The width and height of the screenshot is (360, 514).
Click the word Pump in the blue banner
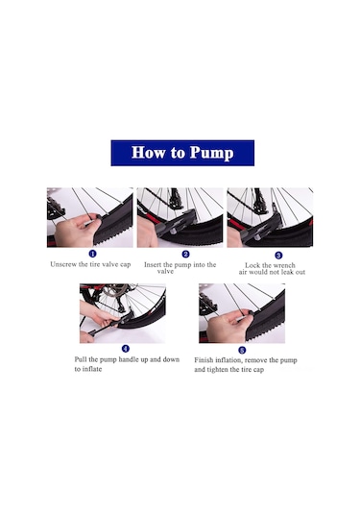[x=211, y=153]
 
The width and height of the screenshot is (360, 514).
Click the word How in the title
[x=149, y=153]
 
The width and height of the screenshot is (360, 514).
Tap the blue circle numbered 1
[x=93, y=254]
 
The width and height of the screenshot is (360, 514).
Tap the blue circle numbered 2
[x=185, y=254]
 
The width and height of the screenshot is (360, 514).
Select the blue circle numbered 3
[x=278, y=256]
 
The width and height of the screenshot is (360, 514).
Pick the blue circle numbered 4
[x=126, y=349]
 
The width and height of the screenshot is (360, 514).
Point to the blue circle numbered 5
[x=242, y=350]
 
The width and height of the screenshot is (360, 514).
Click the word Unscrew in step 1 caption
[x=63, y=264]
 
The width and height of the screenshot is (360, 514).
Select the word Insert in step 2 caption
[x=153, y=264]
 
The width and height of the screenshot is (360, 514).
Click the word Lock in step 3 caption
[x=252, y=265]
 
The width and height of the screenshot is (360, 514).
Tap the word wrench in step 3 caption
[x=284, y=265]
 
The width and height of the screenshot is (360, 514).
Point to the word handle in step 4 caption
[x=129, y=359]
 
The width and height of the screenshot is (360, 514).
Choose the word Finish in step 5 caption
[x=204, y=360]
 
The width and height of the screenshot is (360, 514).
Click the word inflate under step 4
[x=92, y=369]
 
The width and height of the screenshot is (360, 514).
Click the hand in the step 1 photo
[x=75, y=231]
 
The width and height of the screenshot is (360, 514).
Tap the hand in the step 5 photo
[x=228, y=325]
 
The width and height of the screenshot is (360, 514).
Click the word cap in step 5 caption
[x=258, y=371]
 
